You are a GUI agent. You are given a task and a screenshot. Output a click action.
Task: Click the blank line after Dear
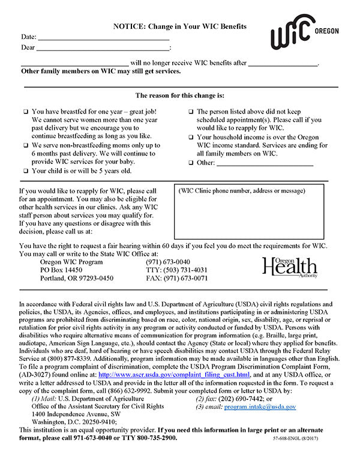coord(103,48)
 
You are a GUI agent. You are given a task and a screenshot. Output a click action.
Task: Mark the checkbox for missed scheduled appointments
coord(191,112)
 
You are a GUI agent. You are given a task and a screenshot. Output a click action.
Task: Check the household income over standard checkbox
coord(191,138)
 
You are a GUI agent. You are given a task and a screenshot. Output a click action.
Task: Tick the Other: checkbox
coord(191,163)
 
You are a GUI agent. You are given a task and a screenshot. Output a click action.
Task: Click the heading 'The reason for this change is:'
coord(179,95)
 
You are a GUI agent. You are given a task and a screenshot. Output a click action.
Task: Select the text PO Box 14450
coord(61,270)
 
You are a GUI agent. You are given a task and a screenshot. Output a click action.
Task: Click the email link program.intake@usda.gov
coord(260,407)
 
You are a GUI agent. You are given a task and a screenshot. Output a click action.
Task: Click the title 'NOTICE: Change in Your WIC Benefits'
coord(180,27)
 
